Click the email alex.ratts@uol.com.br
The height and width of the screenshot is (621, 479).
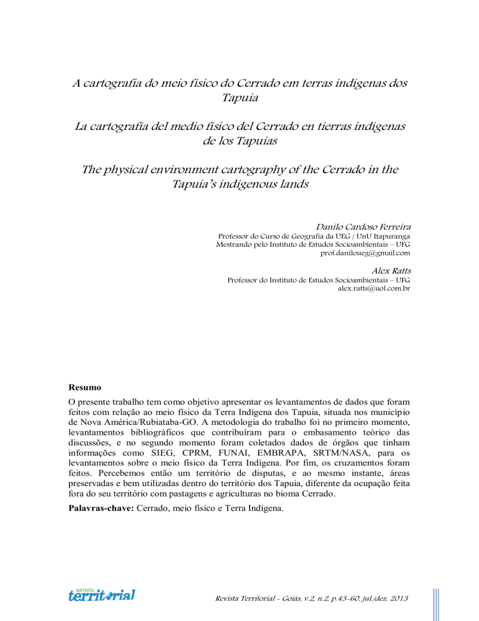374,291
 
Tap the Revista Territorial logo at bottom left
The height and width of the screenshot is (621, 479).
102,594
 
